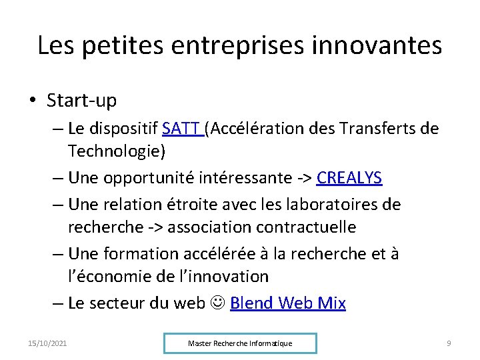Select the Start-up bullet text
coord(81,101)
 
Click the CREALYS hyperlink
coord(349,178)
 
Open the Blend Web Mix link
coord(288,303)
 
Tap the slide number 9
coord(449,343)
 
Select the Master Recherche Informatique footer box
coord(240,343)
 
